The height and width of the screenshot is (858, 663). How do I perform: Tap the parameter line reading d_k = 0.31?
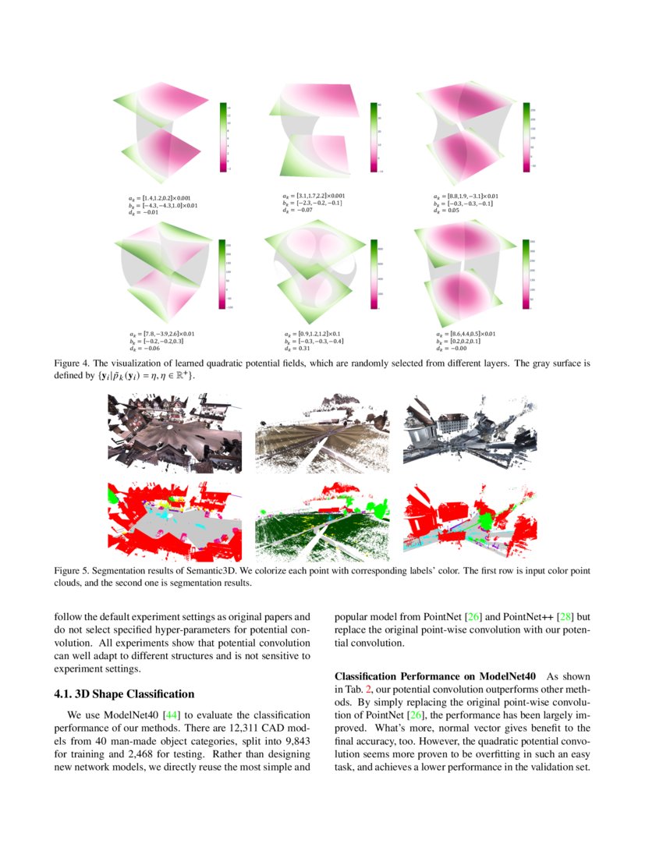click(300, 349)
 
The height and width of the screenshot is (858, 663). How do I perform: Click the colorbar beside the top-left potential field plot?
click(223, 136)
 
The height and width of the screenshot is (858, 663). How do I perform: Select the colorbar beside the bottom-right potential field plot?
click(526, 277)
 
